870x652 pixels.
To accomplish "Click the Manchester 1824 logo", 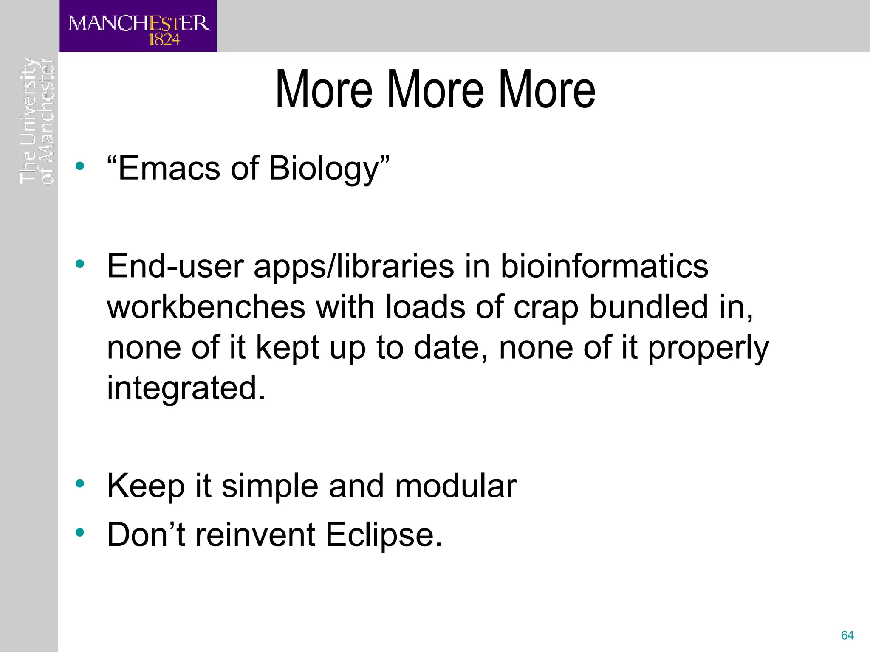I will [x=138, y=26].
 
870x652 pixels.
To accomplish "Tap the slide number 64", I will [x=847, y=635].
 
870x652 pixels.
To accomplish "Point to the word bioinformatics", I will [x=604, y=267].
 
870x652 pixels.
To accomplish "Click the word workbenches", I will [x=206, y=307].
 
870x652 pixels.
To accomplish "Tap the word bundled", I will [x=649, y=307].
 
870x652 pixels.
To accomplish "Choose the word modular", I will [x=456, y=486].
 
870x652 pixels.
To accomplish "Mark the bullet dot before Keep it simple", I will [x=80, y=483].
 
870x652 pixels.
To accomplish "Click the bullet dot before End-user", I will [x=80, y=264].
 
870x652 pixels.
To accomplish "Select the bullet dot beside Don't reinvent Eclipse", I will [x=80, y=532].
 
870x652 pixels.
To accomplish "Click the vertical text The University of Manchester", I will [x=37, y=121].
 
